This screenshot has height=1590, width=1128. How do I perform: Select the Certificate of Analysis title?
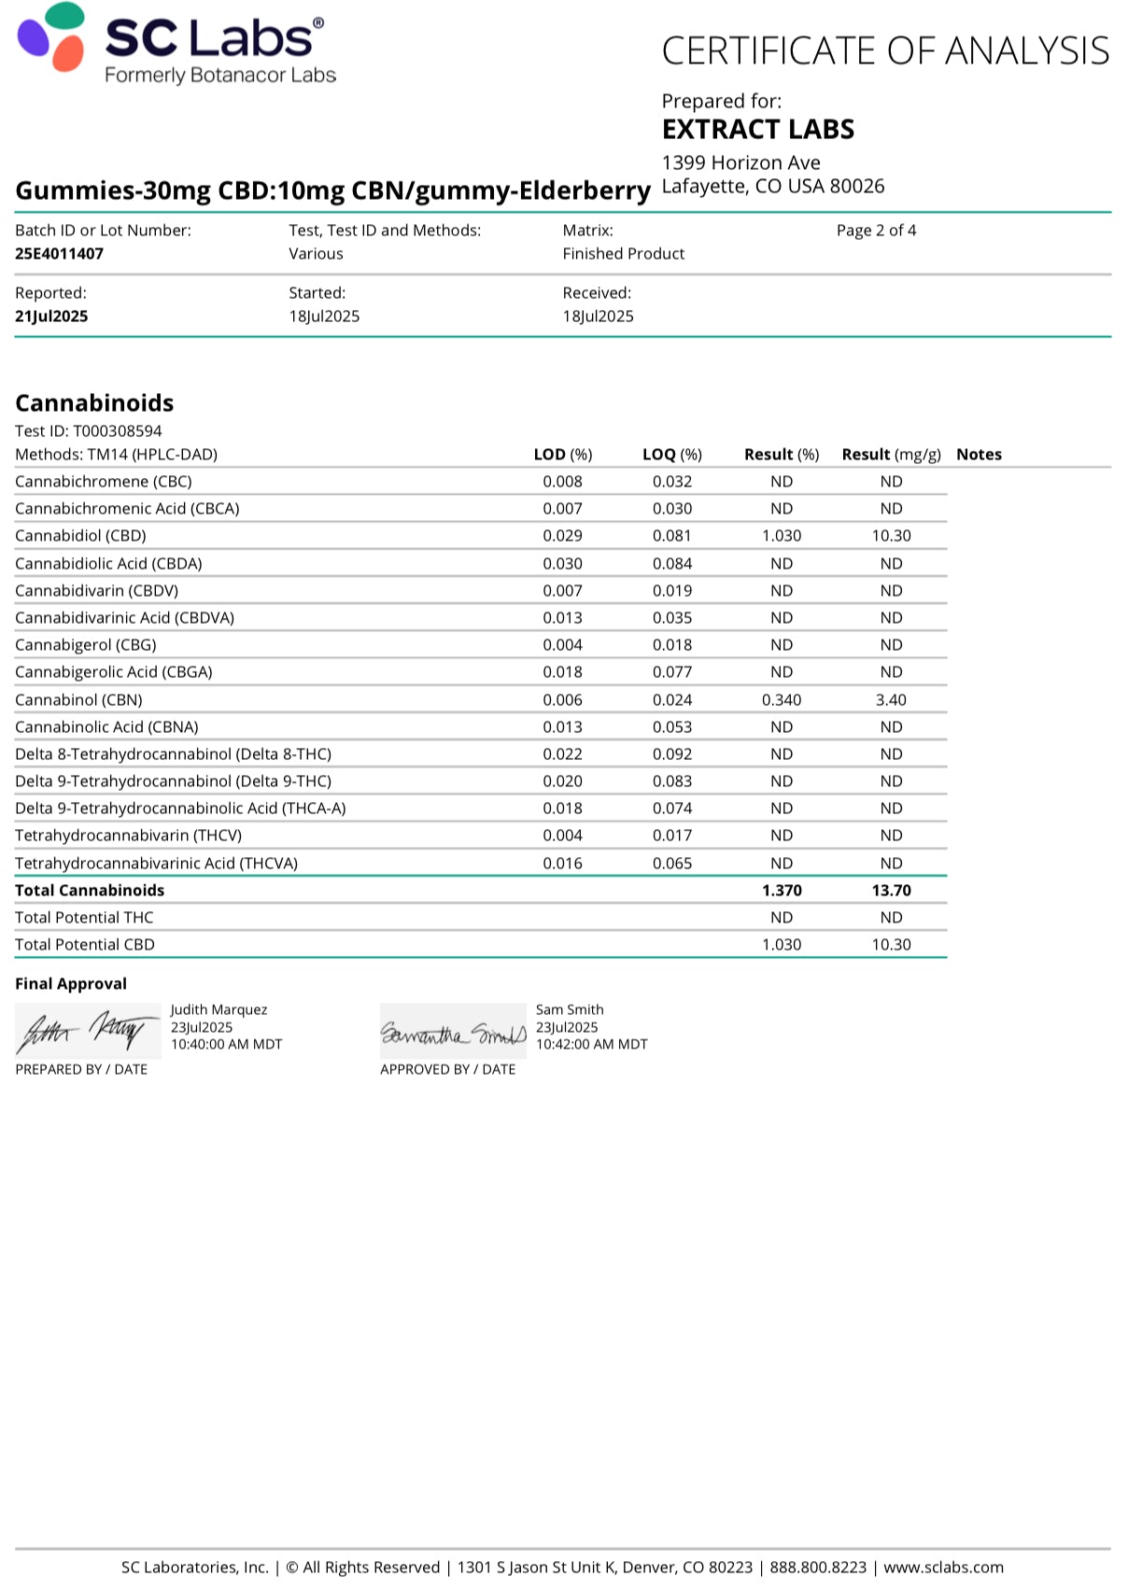(x=885, y=50)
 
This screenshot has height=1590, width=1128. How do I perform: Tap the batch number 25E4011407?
(x=60, y=254)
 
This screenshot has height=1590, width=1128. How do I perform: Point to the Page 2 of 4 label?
(x=876, y=231)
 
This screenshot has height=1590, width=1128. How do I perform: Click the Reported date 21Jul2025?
(x=51, y=317)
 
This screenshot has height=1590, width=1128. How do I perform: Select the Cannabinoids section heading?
(x=94, y=403)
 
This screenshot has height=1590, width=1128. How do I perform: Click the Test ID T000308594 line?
(x=89, y=431)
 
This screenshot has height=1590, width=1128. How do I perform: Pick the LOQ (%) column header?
(x=671, y=455)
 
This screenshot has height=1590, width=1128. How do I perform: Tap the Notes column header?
(x=979, y=455)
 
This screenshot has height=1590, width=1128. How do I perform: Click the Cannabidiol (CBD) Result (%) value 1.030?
(x=782, y=536)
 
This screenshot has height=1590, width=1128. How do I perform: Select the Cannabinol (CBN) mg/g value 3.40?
(x=891, y=700)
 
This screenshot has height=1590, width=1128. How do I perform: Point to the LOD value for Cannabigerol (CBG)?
(x=562, y=645)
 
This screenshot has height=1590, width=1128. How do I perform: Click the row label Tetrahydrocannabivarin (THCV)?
(x=128, y=836)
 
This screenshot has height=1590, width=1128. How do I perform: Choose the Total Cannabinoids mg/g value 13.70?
(x=891, y=891)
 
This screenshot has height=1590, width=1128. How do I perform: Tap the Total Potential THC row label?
(x=84, y=918)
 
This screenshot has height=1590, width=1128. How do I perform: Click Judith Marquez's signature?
(x=87, y=1032)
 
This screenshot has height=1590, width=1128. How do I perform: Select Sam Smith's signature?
(x=453, y=1033)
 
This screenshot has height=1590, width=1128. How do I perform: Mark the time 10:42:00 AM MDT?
(x=591, y=1045)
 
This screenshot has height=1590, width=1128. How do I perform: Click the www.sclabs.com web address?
(x=943, y=1568)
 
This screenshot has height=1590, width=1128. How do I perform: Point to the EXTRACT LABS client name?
(x=758, y=129)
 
